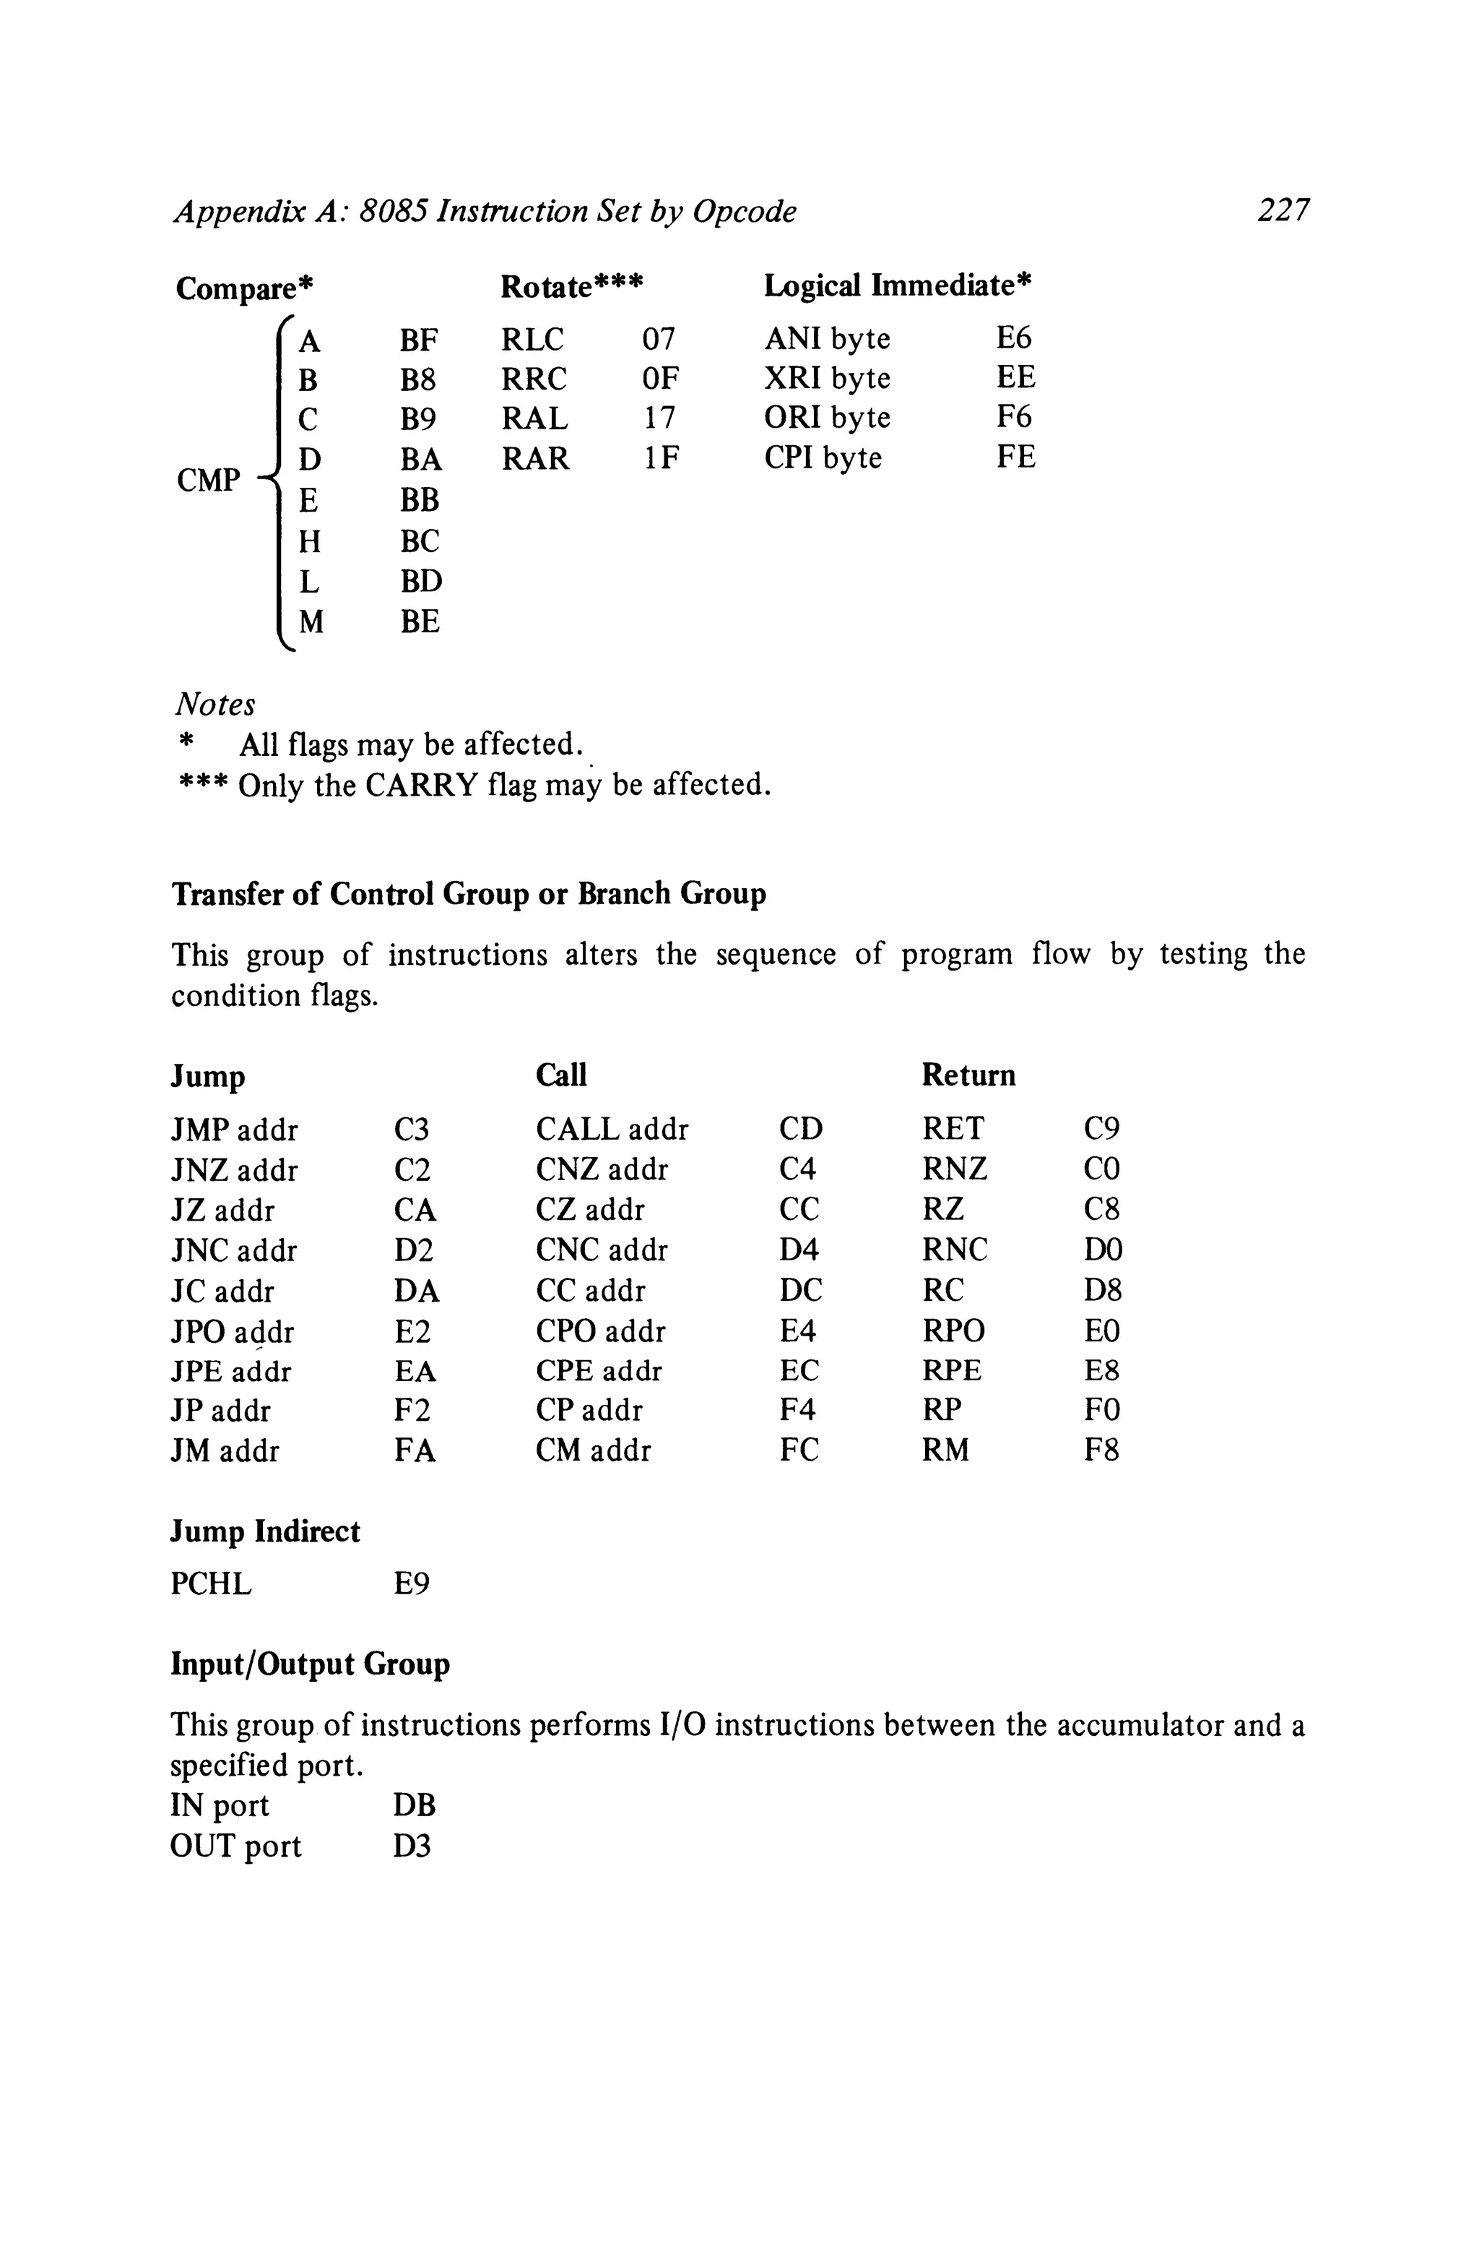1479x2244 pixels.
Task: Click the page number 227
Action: click(x=1283, y=210)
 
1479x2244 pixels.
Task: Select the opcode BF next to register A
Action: click(x=419, y=340)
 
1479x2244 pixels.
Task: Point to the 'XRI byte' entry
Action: click(x=826, y=379)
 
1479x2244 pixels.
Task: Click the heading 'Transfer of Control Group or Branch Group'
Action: click(x=468, y=894)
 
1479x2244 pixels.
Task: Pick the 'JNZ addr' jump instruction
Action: click(x=234, y=1171)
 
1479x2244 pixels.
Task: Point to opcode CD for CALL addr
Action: click(x=800, y=1130)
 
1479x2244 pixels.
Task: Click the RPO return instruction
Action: click(x=953, y=1331)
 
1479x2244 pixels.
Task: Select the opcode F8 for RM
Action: click(x=1101, y=1450)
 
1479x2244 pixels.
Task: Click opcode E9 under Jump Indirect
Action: click(x=411, y=1584)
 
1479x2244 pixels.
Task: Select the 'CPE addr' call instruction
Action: click(x=598, y=1371)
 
